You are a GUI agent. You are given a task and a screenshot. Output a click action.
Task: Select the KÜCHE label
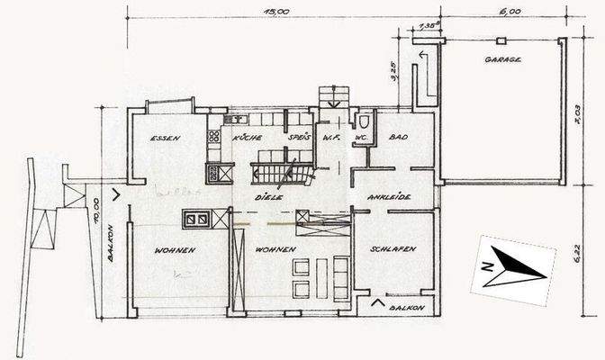[247, 138]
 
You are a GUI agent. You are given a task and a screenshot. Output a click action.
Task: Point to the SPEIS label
[298, 138]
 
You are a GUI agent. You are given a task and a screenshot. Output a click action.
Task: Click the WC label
[360, 138]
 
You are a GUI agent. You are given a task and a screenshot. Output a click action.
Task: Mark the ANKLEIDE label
[390, 197]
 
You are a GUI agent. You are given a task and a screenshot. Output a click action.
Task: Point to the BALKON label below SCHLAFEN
[406, 308]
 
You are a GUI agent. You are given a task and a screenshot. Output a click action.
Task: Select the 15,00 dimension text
[275, 12]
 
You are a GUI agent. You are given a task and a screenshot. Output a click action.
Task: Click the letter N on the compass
[485, 266]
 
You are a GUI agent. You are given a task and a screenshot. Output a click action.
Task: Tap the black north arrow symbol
[518, 267]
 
